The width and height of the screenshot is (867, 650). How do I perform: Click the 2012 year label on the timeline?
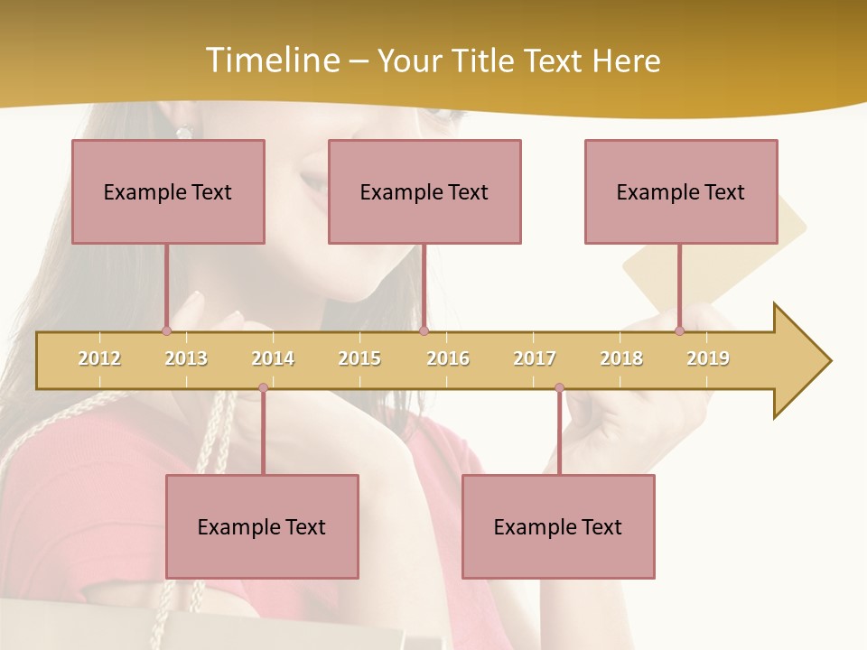(99, 358)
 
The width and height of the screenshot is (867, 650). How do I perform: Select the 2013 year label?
(186, 358)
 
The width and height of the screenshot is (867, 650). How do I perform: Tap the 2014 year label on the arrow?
(273, 358)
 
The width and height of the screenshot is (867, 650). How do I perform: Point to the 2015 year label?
(359, 358)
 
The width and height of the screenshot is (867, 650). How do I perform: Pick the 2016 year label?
(448, 358)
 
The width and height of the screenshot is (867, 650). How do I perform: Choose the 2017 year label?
(535, 358)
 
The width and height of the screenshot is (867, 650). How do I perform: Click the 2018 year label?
(621, 358)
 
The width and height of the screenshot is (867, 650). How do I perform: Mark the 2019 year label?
(708, 358)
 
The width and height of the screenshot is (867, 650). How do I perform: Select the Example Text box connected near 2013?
(168, 191)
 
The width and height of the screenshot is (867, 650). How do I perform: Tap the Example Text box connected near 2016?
(424, 191)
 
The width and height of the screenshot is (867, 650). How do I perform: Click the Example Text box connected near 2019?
(681, 191)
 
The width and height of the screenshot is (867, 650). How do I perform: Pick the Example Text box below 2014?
(262, 526)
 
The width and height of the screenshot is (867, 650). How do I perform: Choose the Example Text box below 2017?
(558, 526)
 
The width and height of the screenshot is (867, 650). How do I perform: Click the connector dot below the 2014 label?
(263, 388)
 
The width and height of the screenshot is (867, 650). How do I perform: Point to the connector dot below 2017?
(559, 388)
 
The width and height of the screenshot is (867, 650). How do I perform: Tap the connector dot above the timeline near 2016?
(424, 330)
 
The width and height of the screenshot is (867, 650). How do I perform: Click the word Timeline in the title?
(271, 60)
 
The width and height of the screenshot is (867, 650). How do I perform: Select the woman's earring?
(184, 132)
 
